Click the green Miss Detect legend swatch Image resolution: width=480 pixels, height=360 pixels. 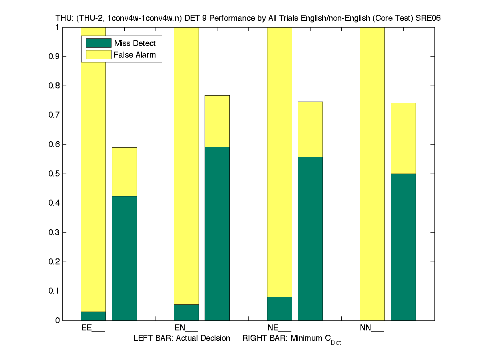coord(98,43)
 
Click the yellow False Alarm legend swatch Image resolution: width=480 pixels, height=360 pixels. coord(98,55)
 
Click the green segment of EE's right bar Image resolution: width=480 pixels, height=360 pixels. coord(124,258)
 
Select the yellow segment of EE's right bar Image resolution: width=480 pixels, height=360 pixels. coord(124,172)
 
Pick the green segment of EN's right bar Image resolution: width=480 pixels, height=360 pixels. coord(217,234)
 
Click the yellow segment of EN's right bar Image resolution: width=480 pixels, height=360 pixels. coord(217,121)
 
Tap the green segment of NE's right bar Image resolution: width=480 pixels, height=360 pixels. coord(310,238)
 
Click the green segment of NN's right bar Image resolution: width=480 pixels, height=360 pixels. coord(403,247)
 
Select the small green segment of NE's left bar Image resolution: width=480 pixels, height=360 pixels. coord(279,308)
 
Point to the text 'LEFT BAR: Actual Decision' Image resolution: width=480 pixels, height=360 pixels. coord(182,338)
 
